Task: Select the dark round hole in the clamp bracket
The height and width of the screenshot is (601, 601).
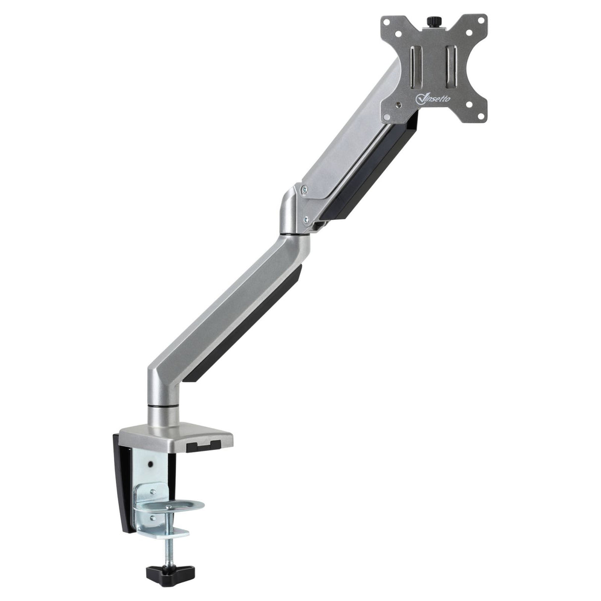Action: point(150,465)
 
